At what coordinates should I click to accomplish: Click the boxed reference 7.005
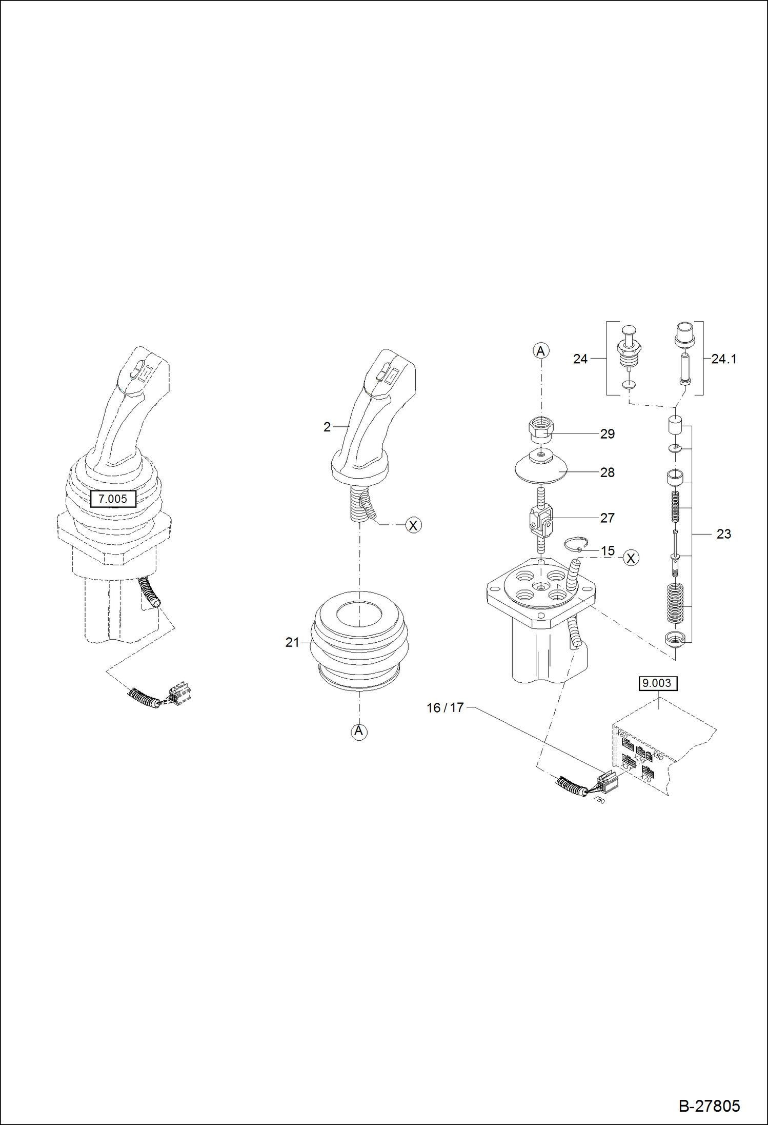click(113, 499)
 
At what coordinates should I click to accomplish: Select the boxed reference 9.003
click(658, 683)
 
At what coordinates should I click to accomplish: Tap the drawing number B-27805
click(709, 1106)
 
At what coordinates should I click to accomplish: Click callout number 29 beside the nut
click(607, 434)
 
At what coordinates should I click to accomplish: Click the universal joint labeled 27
click(541, 520)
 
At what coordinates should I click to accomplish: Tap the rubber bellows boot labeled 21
click(359, 641)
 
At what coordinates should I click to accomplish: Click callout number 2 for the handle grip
click(327, 427)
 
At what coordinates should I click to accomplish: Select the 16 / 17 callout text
click(445, 708)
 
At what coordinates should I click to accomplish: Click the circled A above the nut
click(541, 351)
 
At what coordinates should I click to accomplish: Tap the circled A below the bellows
click(358, 731)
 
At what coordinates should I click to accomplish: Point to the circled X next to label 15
click(631, 558)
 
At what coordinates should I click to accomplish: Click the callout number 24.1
click(723, 359)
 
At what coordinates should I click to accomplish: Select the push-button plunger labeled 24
click(629, 349)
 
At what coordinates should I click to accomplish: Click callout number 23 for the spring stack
click(723, 534)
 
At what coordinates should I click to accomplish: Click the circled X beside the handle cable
click(413, 525)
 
